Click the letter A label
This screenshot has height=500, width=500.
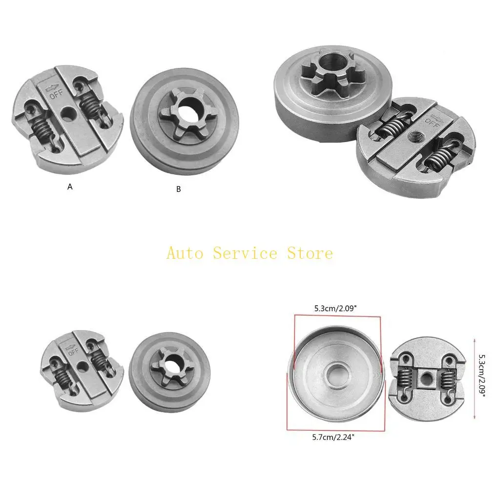pos(70,186)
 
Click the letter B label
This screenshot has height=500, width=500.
pos(179,189)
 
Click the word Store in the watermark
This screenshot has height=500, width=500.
pos(309,253)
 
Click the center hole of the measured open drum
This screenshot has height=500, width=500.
pos(337,371)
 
